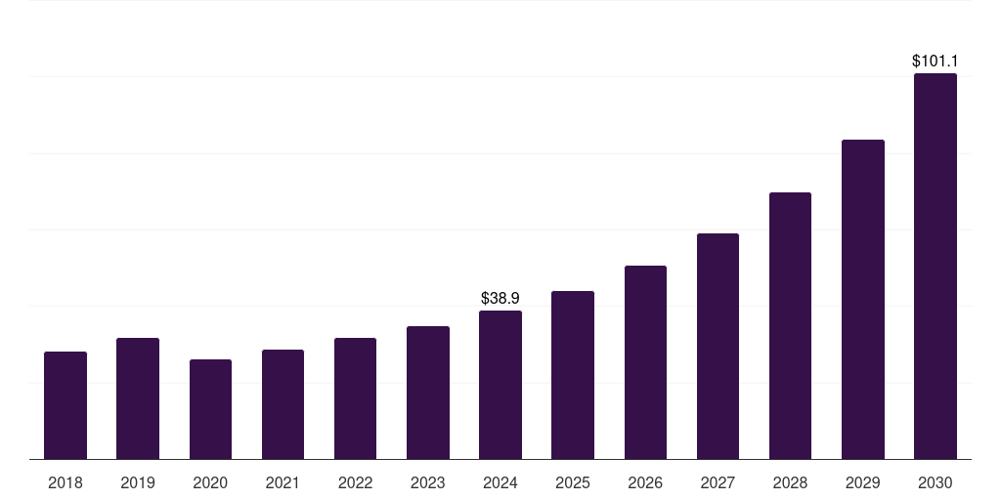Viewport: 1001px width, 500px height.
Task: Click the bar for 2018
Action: pyautogui.click(x=65, y=405)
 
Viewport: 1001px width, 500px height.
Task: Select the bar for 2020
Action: pyautogui.click(x=210, y=409)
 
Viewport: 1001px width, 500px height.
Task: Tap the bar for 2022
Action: pyautogui.click(x=355, y=398)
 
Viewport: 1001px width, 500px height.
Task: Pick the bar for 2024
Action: pyautogui.click(x=500, y=385)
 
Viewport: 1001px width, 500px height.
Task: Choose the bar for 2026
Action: pyautogui.click(x=645, y=362)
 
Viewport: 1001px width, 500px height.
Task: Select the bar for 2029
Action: pyautogui.click(x=863, y=299)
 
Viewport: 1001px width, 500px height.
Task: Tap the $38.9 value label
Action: pyautogui.click(x=500, y=298)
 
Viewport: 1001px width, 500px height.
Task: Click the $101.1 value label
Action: pyautogui.click(x=936, y=61)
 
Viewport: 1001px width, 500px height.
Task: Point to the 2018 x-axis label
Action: pyautogui.click(x=65, y=482)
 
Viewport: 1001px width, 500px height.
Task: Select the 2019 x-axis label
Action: pyautogui.click(x=138, y=482)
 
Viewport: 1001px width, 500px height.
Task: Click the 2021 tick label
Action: pyautogui.click(x=283, y=482)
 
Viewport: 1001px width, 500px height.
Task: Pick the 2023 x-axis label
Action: pyautogui.click(x=428, y=482)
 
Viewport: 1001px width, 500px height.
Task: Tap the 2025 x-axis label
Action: pyautogui.click(x=573, y=482)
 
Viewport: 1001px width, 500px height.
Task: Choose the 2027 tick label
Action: pyautogui.click(x=718, y=482)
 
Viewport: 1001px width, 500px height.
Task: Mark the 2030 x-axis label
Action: pyautogui.click(x=936, y=482)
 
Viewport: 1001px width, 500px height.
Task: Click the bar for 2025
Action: pyautogui.click(x=573, y=375)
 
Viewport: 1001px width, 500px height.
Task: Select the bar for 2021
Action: pyautogui.click(x=283, y=404)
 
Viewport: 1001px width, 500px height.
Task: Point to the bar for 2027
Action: pyautogui.click(x=718, y=346)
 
